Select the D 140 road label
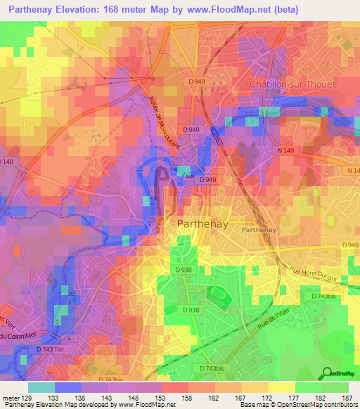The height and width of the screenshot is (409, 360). [x=7, y=162]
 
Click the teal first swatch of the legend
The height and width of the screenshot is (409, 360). [x=41, y=387]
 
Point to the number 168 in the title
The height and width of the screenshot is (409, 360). [x=124, y=10]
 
